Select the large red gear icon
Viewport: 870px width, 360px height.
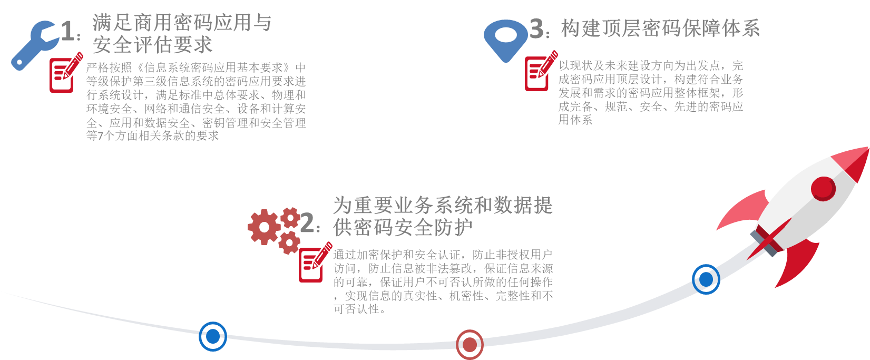tap(264, 227)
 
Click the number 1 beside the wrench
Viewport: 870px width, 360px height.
tap(68, 31)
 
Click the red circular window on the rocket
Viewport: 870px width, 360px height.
tap(823, 188)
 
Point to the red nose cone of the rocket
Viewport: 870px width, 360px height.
tap(854, 161)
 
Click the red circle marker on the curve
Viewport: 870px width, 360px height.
tap(470, 345)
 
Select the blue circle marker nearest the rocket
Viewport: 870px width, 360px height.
tap(706, 279)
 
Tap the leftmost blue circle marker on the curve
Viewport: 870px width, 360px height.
tap(213, 336)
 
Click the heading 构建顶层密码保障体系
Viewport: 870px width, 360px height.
tap(660, 28)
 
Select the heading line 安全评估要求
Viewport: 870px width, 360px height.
tap(152, 45)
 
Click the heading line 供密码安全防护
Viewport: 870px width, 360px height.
tap(403, 228)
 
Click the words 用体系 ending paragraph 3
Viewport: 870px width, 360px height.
tap(575, 120)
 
